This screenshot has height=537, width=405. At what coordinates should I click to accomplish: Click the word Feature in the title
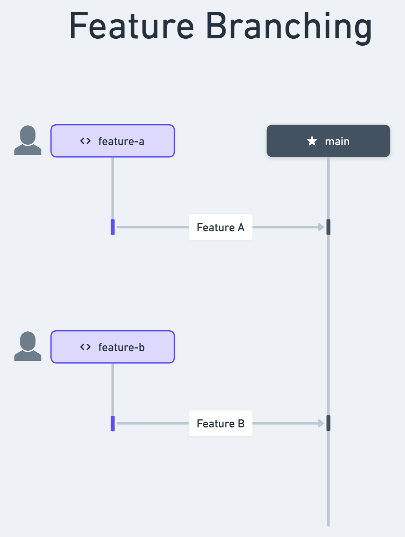[x=131, y=26]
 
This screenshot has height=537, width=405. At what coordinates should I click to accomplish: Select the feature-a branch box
[x=112, y=141]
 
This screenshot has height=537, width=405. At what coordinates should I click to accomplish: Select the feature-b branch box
[x=112, y=347]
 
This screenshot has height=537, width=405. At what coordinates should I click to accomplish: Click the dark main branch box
[x=328, y=141]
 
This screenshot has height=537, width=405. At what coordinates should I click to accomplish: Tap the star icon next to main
[x=312, y=141]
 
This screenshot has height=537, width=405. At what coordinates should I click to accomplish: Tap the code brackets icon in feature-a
[x=85, y=141]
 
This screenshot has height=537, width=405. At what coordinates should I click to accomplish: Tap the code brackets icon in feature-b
[x=85, y=347]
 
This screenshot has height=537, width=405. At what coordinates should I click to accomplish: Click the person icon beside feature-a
[x=28, y=140]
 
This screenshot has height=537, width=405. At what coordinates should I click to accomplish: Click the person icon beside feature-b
[x=28, y=346]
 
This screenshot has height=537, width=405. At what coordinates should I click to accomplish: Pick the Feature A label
[x=220, y=227]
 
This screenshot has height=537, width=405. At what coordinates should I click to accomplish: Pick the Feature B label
[x=220, y=423]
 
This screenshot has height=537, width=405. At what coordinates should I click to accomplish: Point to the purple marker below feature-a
[x=113, y=227]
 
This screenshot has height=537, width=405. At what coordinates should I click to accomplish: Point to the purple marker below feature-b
[x=113, y=423]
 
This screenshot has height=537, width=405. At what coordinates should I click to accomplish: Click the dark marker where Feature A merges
[x=328, y=227]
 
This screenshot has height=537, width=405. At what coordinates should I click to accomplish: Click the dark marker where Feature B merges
[x=328, y=423]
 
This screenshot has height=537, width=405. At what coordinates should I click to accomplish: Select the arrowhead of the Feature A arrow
[x=321, y=227]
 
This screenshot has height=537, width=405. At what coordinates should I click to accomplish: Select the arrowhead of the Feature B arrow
[x=321, y=423]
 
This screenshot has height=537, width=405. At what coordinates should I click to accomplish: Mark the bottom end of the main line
[x=328, y=525]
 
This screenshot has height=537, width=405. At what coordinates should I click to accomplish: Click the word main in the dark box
[x=337, y=141]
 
